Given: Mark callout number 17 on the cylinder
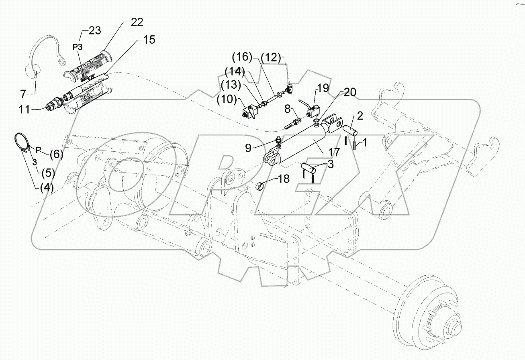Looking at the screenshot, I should [x=334, y=152].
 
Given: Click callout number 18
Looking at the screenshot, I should [x=284, y=179].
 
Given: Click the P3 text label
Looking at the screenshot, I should [x=78, y=47].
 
